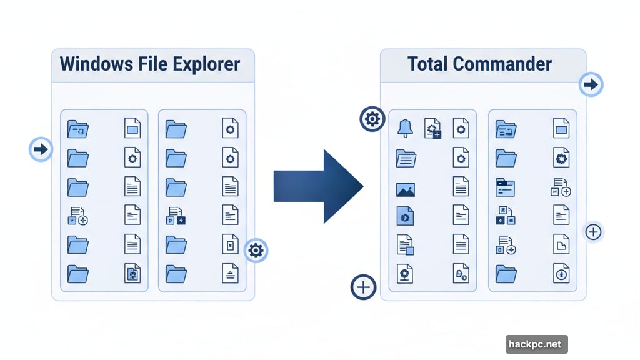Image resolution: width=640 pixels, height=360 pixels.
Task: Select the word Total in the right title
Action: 428,64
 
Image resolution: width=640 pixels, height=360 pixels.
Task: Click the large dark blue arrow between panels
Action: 318,186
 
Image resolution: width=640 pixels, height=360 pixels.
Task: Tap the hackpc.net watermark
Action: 536,344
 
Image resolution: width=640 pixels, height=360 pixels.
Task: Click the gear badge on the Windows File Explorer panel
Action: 256,251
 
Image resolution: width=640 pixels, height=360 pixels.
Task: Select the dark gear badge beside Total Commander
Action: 372,118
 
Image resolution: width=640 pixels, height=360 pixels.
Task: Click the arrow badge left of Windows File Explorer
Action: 41,149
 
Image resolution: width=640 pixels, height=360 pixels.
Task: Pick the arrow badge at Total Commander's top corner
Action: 591,83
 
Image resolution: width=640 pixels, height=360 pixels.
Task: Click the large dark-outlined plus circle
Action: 364,287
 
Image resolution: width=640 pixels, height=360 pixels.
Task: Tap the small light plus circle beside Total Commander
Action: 593,232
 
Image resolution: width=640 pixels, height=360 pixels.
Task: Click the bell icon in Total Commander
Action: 405,128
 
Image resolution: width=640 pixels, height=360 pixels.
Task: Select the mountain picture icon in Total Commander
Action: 405,189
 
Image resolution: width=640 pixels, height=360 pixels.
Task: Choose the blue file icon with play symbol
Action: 405,216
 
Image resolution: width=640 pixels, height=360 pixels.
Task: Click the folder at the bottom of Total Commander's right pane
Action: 506,274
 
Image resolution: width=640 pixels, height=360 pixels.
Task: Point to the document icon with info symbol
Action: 561,274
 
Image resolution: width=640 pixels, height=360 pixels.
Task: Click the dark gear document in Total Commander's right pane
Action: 561,159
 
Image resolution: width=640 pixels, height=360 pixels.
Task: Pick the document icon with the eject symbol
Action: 230,274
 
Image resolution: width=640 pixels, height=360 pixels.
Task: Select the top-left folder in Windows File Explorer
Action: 77,129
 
